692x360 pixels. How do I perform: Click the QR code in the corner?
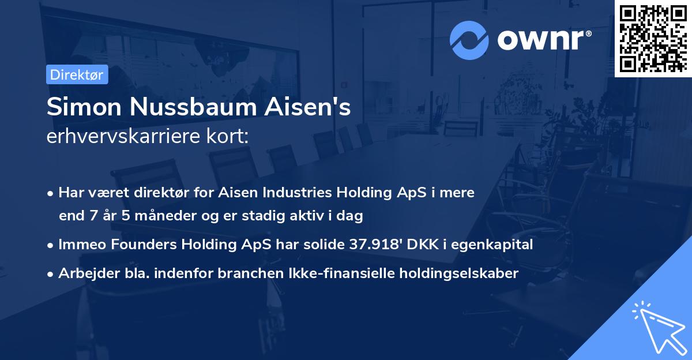[x=653, y=39]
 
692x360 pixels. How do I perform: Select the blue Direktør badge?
[x=77, y=74]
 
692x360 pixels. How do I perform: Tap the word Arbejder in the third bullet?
[x=84, y=273]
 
